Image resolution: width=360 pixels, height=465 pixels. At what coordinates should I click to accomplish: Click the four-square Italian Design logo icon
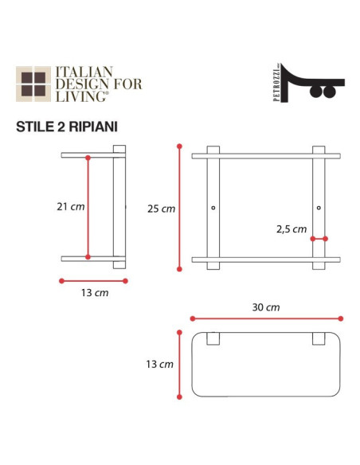(x=33, y=85)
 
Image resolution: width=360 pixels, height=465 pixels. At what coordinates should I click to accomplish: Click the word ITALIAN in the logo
(x=84, y=72)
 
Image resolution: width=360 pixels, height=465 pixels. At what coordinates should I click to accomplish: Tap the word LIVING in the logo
(x=78, y=97)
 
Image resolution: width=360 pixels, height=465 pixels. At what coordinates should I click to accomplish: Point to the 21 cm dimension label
(x=70, y=206)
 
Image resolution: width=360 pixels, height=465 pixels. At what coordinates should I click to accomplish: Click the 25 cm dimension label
(x=161, y=209)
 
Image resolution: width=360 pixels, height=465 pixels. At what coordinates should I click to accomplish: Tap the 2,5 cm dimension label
(x=291, y=229)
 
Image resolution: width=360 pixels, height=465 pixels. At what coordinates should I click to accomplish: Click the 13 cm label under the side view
(x=94, y=293)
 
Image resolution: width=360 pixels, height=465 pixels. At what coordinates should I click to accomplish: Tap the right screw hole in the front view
(x=319, y=209)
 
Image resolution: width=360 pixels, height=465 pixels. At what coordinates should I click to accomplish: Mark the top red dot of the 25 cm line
(x=181, y=147)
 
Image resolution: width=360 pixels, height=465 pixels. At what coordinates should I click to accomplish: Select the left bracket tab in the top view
(x=213, y=339)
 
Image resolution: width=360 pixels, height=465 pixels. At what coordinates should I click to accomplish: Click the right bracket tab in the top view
(x=319, y=339)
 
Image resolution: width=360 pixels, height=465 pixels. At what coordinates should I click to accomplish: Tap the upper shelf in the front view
(x=266, y=155)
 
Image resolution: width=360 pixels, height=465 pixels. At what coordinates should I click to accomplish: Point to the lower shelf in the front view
(x=266, y=260)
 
